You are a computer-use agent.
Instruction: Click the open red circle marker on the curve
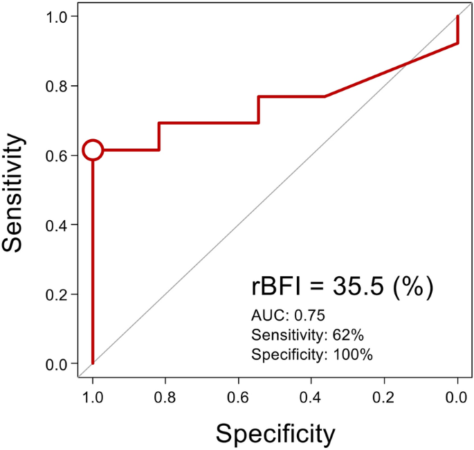93,150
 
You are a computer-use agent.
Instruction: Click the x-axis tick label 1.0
93,398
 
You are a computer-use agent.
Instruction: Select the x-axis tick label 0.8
165,398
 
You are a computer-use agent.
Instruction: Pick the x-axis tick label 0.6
239,398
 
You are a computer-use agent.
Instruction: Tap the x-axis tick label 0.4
311,398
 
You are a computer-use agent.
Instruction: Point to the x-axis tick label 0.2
385,398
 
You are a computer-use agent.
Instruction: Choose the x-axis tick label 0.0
457,398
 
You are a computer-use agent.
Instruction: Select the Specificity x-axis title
275,433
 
